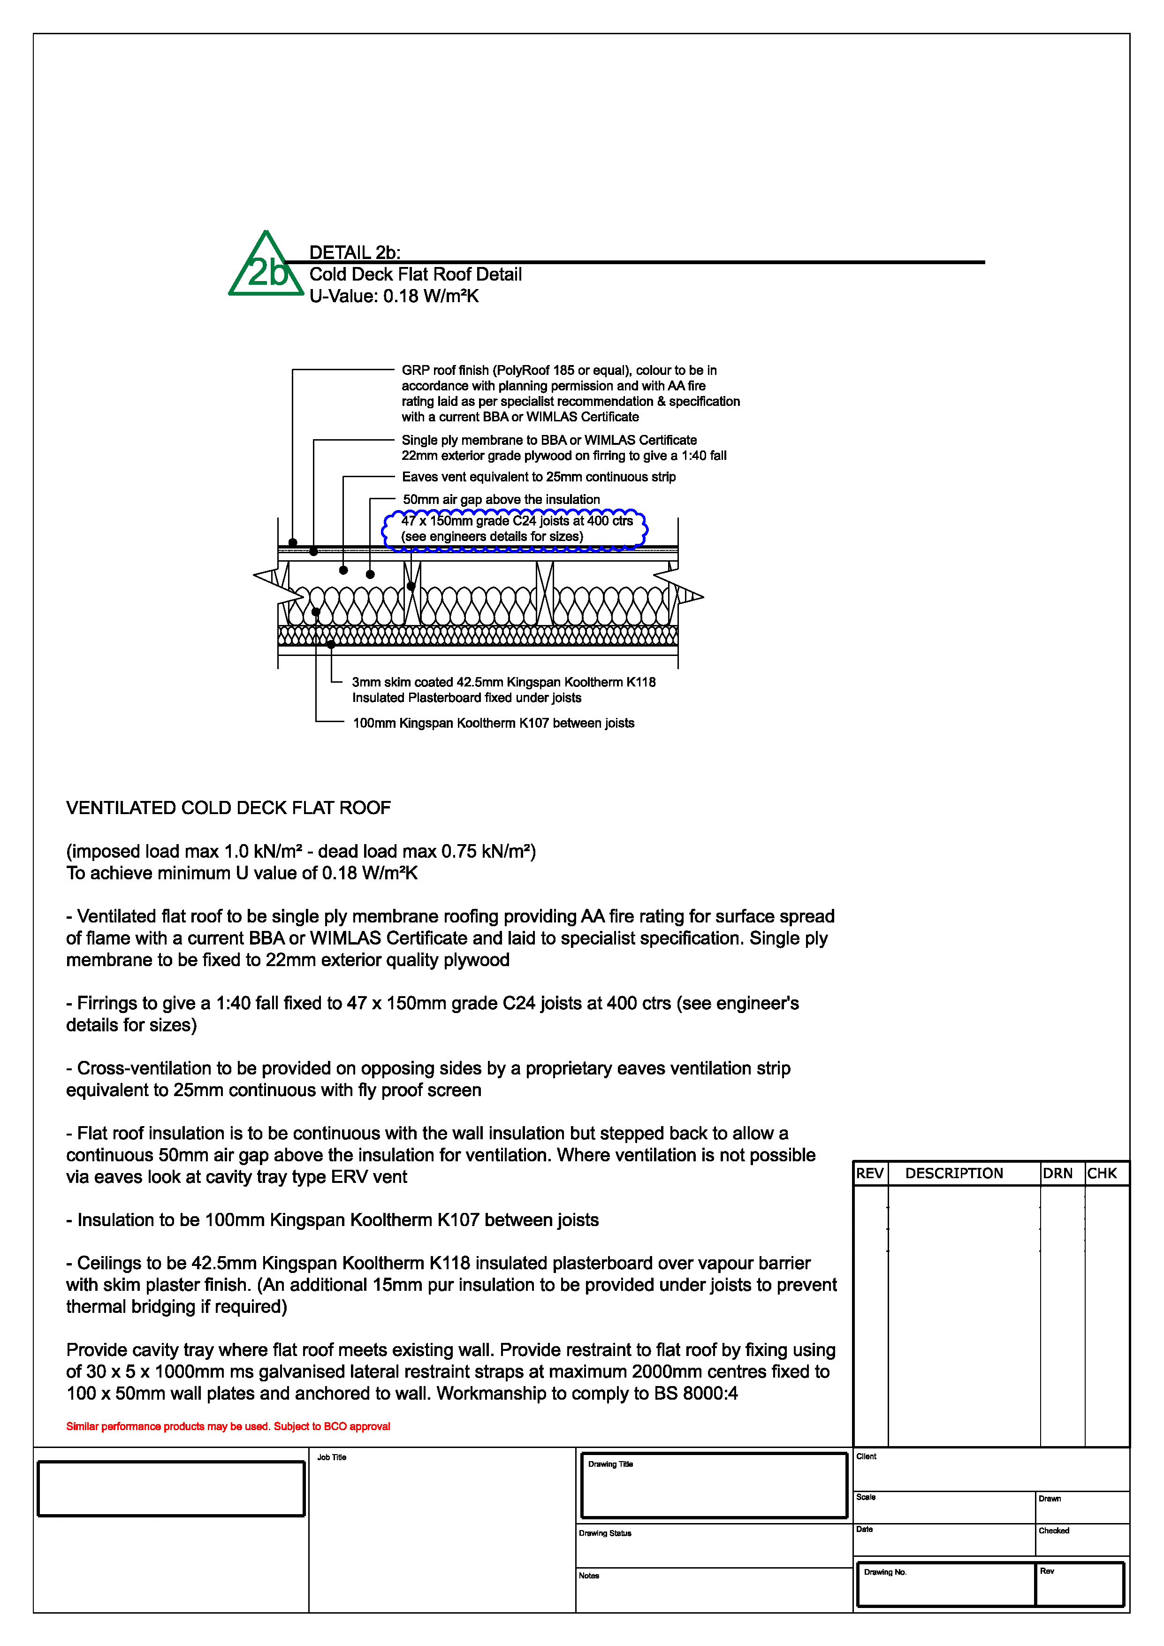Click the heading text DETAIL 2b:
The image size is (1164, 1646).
click(355, 252)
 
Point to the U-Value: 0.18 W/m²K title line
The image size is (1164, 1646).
click(394, 296)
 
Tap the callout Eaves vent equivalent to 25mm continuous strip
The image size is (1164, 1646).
click(538, 477)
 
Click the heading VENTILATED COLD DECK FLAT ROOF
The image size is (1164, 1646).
click(228, 808)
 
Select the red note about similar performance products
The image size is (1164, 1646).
click(228, 1426)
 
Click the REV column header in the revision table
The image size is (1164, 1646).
click(869, 1174)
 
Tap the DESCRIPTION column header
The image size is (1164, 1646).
click(954, 1174)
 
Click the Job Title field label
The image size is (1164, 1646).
click(332, 1457)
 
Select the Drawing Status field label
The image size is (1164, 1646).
click(605, 1533)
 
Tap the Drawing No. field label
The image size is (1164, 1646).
click(885, 1572)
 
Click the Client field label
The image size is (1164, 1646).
click(866, 1457)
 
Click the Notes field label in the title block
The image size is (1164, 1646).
click(589, 1576)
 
